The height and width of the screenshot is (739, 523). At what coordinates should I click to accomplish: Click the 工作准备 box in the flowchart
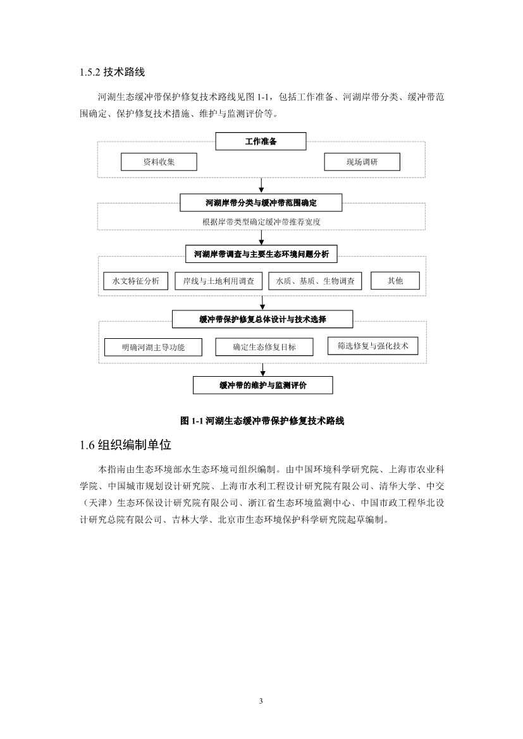261,141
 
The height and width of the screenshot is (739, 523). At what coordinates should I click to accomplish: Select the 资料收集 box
159,162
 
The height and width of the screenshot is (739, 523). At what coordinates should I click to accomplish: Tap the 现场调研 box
362,162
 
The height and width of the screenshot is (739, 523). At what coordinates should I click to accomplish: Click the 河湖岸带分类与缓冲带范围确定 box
261,202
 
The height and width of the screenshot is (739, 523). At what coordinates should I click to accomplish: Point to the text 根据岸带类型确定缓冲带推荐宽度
261,222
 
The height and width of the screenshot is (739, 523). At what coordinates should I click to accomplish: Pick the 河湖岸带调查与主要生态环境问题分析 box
261,253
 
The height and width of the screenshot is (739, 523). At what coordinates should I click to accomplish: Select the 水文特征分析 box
136,281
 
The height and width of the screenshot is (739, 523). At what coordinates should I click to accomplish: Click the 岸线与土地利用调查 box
218,281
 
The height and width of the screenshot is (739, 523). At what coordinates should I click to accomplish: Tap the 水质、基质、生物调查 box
315,281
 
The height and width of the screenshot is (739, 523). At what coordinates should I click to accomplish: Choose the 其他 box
395,281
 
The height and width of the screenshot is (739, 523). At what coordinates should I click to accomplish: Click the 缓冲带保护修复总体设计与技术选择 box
262,319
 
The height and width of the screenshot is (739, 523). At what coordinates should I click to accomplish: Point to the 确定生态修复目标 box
264,347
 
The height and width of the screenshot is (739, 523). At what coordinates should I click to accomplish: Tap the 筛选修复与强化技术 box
372,346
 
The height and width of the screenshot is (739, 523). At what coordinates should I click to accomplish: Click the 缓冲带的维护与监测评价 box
262,385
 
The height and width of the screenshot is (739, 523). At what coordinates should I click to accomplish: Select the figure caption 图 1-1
262,420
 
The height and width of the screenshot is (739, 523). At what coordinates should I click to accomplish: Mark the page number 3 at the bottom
261,701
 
